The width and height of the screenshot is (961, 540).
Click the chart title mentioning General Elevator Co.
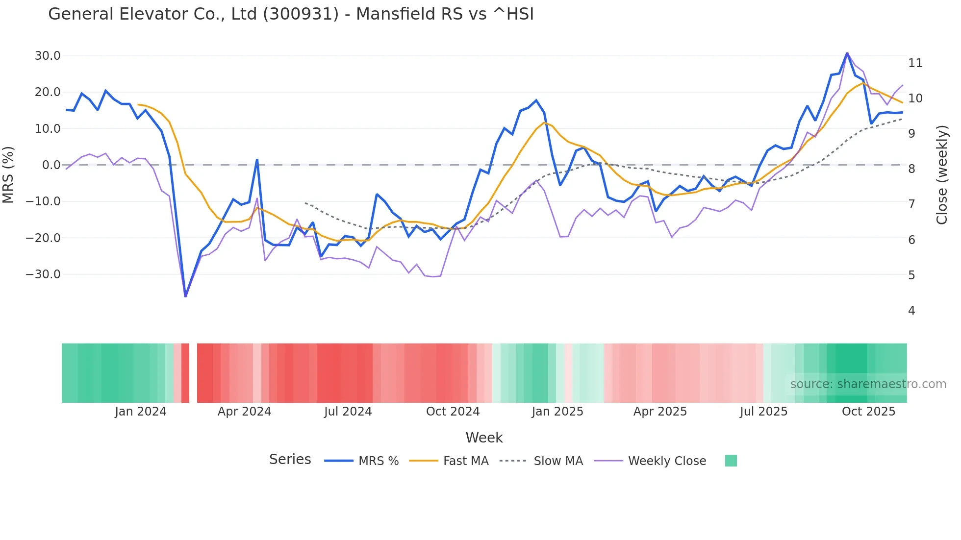point(291,14)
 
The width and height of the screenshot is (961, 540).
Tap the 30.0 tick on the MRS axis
point(48,56)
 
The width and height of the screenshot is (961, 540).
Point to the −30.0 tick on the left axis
point(43,274)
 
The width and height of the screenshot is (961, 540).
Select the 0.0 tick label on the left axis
point(51,165)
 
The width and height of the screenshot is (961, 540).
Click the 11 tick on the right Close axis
point(915,63)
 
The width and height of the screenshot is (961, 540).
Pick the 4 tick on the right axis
point(911,311)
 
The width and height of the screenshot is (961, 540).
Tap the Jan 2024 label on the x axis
point(141,412)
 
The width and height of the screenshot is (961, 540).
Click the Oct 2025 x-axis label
point(868,412)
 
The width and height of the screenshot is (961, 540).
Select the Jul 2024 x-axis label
point(348,412)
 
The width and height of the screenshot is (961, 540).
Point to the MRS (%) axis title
point(8,175)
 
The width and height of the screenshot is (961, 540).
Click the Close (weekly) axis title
point(941,175)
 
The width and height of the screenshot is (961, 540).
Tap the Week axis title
point(484,438)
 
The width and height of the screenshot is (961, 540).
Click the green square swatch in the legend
point(731,461)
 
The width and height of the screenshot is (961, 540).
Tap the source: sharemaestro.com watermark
point(868,384)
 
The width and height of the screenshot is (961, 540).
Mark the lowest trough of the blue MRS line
point(185,296)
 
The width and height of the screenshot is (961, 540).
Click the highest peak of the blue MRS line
point(847,53)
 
